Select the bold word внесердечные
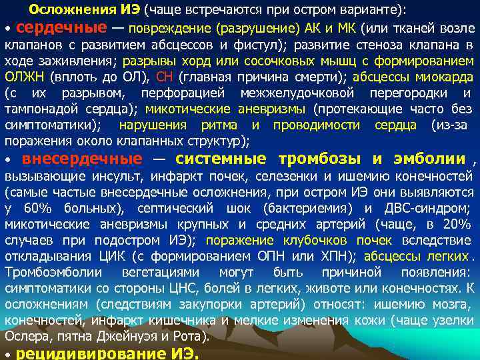[82, 159]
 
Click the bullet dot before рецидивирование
[7, 354]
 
